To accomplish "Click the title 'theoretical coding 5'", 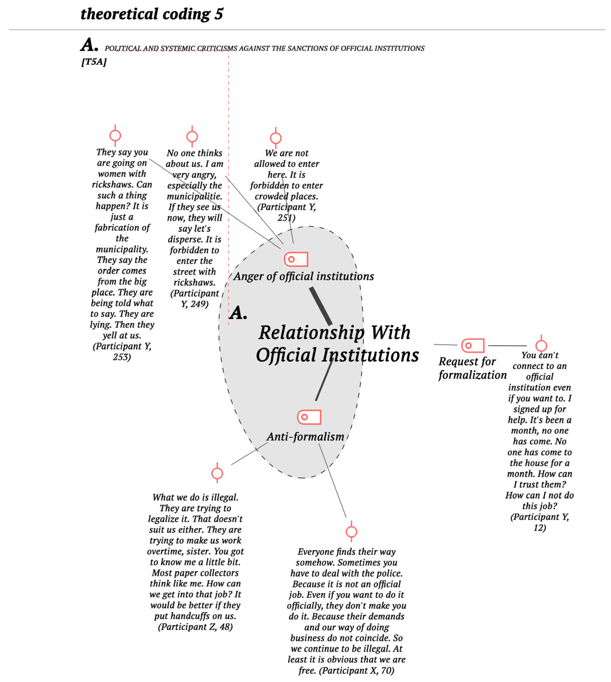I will pos(152,14).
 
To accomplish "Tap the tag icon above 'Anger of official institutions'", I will pos(296,259).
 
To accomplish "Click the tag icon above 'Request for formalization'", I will pos(473,345).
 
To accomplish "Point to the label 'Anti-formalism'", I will pos(305,437).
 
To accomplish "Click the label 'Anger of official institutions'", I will pos(303,276).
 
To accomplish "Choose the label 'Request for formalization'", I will pos(472,368).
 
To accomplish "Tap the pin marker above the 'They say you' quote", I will pos(115,136).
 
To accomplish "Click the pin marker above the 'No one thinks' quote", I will pos(192,137).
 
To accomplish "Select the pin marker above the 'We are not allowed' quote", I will pos(276,138).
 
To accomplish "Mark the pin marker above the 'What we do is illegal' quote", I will pos(217,473).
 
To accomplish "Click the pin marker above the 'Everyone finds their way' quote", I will pos(352,532).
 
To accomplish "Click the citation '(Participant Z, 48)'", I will pos(195,627).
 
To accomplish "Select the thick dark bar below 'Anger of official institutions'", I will pos(321,306).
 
